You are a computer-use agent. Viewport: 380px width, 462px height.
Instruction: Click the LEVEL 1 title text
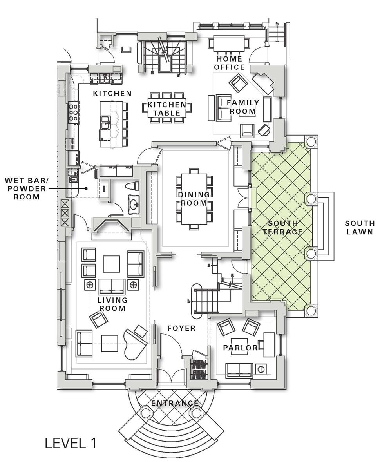tap(71, 443)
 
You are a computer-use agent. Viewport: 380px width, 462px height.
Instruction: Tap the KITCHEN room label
tap(112, 94)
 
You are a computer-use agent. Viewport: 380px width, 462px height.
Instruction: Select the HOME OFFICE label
tap(229, 63)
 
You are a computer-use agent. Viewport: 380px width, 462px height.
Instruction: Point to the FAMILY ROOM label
tap(243, 107)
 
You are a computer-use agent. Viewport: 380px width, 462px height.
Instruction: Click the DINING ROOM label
tap(192, 198)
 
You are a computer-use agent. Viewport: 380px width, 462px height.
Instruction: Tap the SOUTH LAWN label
tap(359, 227)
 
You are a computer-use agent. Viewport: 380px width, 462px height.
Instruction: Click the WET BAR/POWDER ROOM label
tap(27, 188)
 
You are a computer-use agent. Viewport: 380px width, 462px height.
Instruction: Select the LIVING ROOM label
tap(112, 304)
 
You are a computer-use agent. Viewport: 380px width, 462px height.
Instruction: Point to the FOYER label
tap(181, 328)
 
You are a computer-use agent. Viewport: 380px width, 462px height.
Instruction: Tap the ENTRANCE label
tap(175, 403)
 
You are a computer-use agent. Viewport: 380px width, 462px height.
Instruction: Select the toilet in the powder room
tap(132, 186)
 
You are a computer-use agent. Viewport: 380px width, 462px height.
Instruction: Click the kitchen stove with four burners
tap(73, 112)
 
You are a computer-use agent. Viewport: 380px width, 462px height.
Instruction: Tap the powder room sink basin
tap(133, 205)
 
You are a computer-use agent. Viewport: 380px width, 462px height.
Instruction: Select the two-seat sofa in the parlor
tap(239, 370)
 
